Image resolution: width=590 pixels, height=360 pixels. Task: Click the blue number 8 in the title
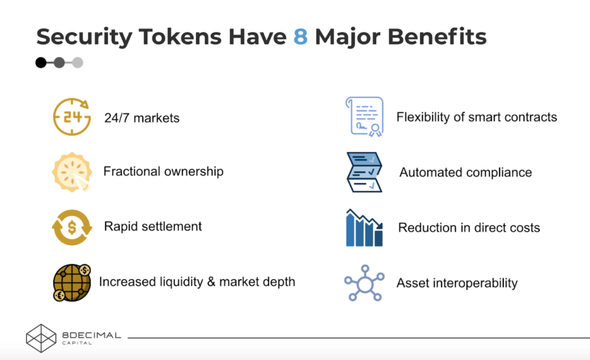300,36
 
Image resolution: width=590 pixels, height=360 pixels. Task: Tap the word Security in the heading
84,37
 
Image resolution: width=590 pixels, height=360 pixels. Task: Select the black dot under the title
41,62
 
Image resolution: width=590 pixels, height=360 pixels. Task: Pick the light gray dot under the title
78,62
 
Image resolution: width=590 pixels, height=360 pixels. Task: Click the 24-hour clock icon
72,116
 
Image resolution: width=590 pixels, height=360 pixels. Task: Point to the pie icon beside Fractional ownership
72,172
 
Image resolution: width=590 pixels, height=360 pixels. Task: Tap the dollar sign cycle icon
72,227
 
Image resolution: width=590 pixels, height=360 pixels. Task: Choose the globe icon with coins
72,282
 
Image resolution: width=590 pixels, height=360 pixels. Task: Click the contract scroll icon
364,116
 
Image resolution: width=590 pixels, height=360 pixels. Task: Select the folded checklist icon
364,172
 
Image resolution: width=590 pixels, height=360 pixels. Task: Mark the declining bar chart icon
364,228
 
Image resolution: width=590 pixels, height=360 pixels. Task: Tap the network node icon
364,283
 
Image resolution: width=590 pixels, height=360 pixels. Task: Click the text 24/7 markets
142,118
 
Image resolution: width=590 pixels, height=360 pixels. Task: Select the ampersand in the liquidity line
211,282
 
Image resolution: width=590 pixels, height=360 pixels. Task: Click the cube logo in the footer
41,338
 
